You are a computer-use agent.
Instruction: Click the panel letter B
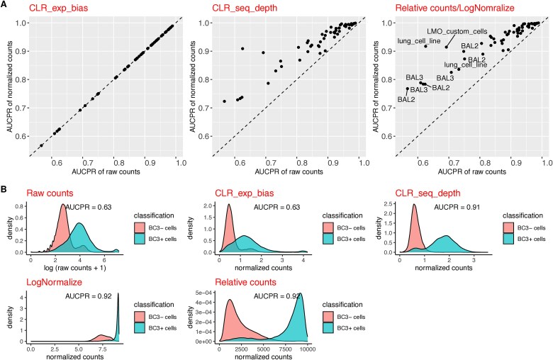5,189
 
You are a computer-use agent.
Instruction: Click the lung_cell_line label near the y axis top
417,41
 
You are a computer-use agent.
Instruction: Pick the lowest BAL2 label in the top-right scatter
406,100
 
